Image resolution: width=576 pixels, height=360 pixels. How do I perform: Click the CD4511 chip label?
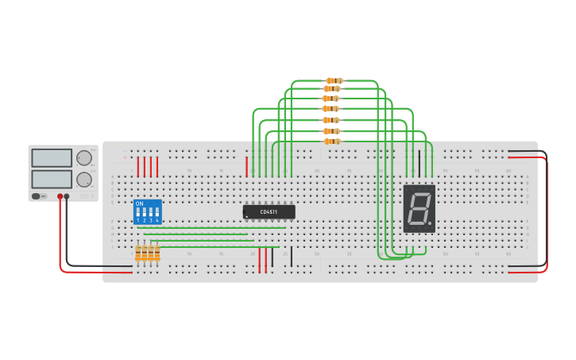click(269, 211)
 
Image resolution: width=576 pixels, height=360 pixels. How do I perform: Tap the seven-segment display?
click(419, 208)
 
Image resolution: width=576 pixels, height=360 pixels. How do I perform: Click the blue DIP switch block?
click(148, 212)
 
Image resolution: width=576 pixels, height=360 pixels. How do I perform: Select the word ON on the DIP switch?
click(140, 204)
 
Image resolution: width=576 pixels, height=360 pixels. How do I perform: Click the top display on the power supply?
click(52, 157)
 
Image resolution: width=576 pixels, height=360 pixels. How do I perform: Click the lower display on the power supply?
click(52, 179)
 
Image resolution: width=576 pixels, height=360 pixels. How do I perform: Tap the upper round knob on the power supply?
click(83, 157)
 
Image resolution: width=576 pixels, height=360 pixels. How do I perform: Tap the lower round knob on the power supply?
click(83, 180)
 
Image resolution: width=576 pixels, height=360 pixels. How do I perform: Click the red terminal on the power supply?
click(60, 196)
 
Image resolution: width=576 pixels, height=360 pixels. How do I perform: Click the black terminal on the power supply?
click(67, 196)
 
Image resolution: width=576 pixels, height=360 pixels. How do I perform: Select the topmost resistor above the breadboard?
click(334, 80)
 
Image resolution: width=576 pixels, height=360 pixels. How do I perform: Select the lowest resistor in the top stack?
click(332, 141)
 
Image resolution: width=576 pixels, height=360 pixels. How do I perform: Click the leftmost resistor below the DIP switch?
click(138, 253)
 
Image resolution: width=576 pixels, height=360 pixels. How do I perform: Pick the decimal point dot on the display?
click(431, 223)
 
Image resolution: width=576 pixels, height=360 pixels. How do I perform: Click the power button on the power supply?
click(37, 196)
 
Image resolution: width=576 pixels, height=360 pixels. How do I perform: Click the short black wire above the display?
click(419, 163)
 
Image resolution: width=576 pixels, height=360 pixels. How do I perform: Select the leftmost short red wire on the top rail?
click(138, 166)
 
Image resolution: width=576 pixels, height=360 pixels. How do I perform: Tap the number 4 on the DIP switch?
click(157, 220)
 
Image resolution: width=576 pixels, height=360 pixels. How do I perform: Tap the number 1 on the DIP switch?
click(138, 220)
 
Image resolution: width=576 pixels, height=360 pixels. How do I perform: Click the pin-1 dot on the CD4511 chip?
click(247, 215)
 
